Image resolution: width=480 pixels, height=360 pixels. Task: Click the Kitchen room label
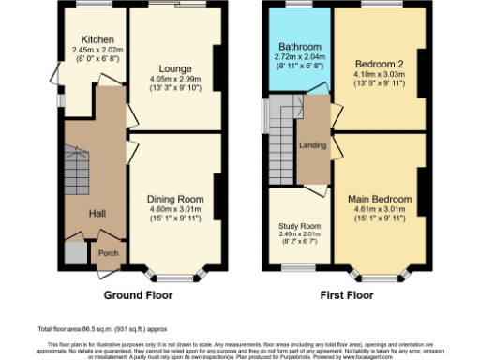[97, 39]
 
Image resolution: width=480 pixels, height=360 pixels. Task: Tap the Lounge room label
[174, 68]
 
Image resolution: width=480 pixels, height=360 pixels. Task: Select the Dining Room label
[174, 199]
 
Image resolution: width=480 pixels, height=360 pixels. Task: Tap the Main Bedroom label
[379, 200]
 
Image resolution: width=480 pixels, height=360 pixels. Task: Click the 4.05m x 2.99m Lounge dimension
[174, 80]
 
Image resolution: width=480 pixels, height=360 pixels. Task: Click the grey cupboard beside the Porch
[74, 253]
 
